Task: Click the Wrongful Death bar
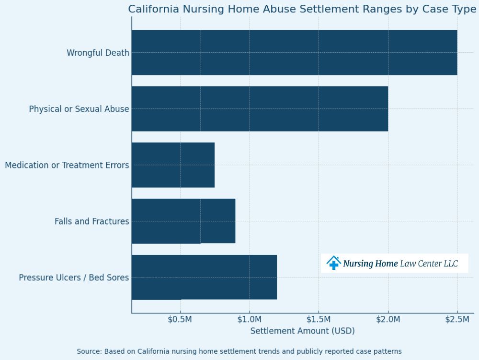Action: coord(294,52)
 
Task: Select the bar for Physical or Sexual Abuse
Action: coord(260,108)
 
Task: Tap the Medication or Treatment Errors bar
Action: coord(173,165)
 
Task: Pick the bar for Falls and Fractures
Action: coord(183,221)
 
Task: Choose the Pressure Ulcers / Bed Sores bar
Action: coord(204,277)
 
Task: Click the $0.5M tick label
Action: coord(180,320)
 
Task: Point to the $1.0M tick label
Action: coord(249,320)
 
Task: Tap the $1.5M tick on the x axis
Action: coord(319,320)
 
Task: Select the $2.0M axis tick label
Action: coord(388,320)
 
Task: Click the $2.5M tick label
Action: coord(457,320)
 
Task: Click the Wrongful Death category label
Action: coord(98,53)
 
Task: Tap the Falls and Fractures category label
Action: coord(91,221)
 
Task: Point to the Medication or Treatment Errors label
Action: coord(67,165)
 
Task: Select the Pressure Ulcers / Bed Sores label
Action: coord(74,277)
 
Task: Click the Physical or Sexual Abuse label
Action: coord(79,109)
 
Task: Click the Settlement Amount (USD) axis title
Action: coord(302,331)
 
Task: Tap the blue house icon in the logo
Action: coord(333,263)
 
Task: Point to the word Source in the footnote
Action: coord(89,351)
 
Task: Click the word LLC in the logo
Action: coord(451,264)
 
